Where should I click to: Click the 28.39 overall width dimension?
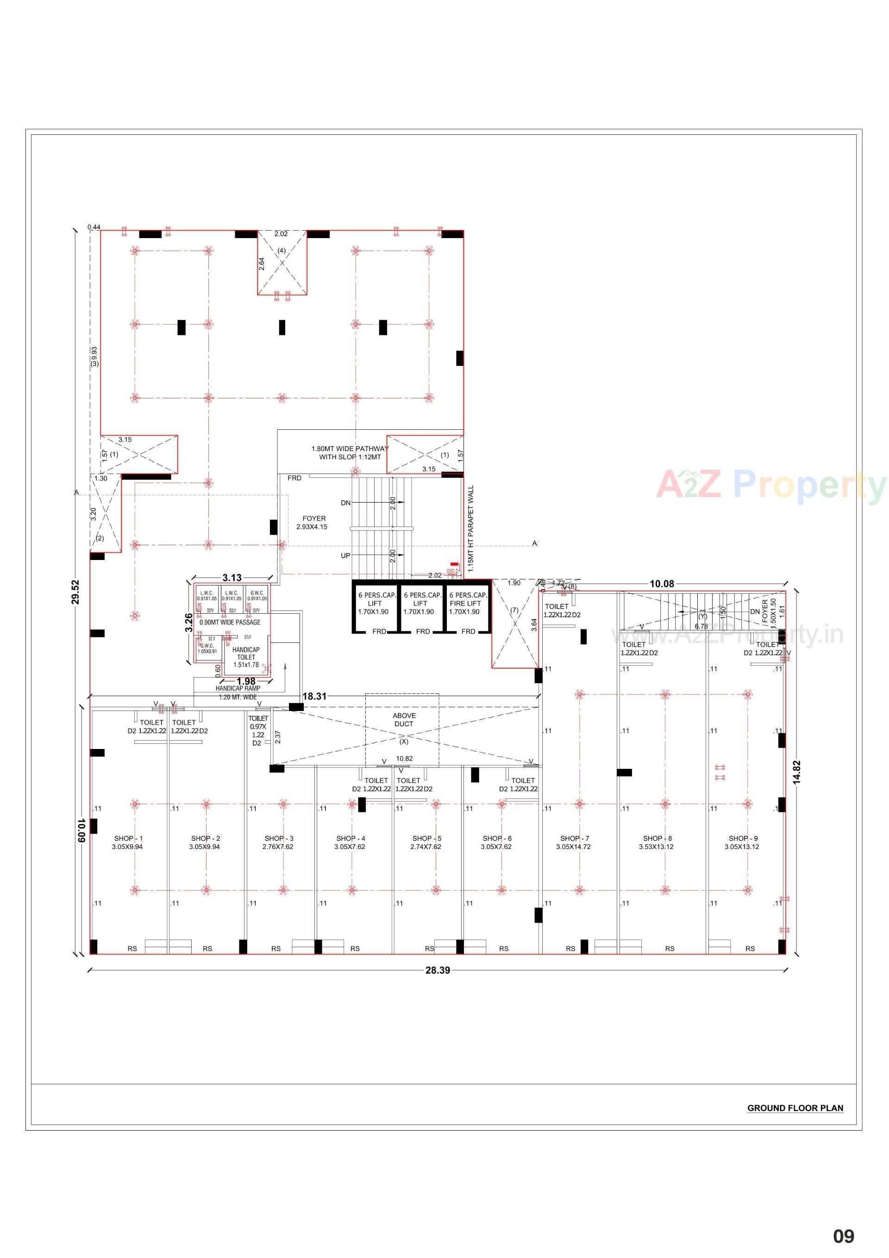[x=438, y=970]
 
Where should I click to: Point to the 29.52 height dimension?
[x=75, y=592]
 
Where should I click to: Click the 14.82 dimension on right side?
[x=797, y=773]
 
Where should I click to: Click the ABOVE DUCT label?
[x=404, y=720]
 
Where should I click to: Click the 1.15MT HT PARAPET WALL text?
[x=470, y=529]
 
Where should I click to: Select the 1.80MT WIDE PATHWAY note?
[x=350, y=453]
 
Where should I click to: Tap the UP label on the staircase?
[x=345, y=555]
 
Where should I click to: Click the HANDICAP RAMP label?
[x=238, y=688]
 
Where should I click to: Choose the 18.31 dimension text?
[x=314, y=697]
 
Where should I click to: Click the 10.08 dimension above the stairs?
[x=662, y=584]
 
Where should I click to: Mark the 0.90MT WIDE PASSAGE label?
[x=230, y=623]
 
